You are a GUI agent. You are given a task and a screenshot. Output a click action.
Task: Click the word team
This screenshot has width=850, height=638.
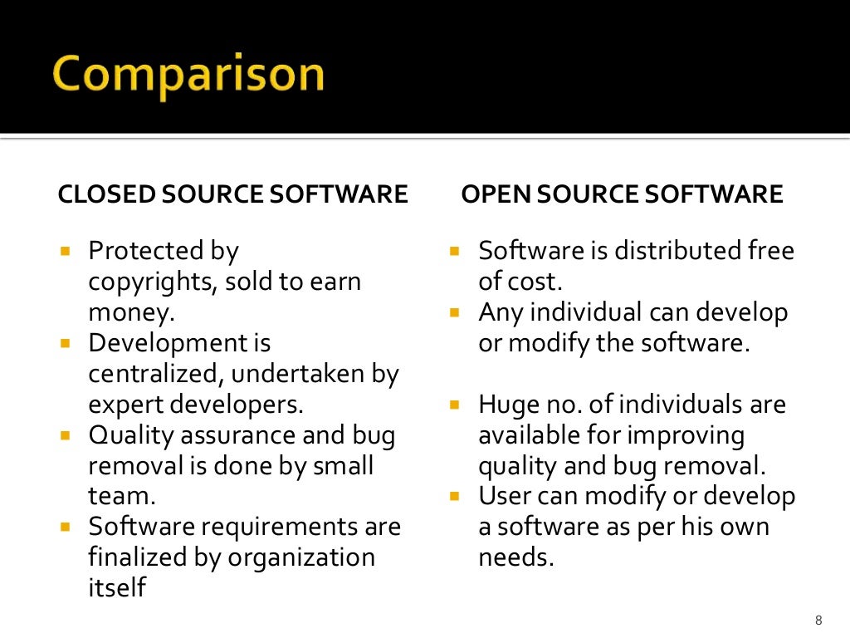pyautogui.click(x=121, y=496)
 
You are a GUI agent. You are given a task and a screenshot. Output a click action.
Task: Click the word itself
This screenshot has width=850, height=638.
pyautogui.click(x=116, y=587)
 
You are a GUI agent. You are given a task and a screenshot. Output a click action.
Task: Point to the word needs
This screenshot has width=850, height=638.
pyautogui.click(x=515, y=557)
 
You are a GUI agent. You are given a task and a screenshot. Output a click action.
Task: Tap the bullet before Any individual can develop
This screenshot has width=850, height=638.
pyautogui.click(x=454, y=313)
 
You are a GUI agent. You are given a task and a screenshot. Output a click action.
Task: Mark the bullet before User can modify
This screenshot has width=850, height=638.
pyautogui.click(x=454, y=497)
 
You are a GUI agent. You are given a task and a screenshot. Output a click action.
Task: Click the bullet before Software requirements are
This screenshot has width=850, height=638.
pyautogui.click(x=66, y=527)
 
